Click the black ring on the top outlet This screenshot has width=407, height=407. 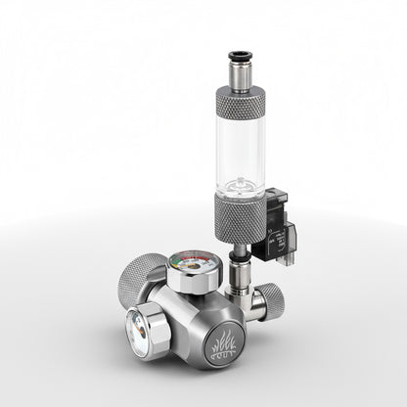(240, 58)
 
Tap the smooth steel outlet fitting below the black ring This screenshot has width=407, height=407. (240, 74)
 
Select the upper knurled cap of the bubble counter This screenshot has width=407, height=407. (240, 102)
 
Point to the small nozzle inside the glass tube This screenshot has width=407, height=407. (240, 183)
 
